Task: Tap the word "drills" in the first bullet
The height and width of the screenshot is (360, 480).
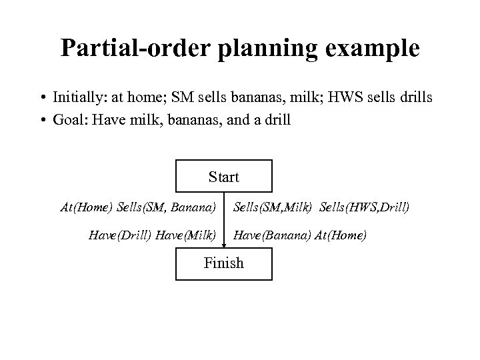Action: point(413,98)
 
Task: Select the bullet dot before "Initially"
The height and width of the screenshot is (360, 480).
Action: point(41,99)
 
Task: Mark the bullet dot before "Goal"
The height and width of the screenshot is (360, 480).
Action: point(41,123)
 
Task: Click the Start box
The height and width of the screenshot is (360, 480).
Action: point(223,177)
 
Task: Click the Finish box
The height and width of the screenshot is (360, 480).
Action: point(223,263)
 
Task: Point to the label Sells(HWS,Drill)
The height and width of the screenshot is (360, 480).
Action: point(364,207)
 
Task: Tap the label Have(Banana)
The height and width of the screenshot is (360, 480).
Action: point(271,235)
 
